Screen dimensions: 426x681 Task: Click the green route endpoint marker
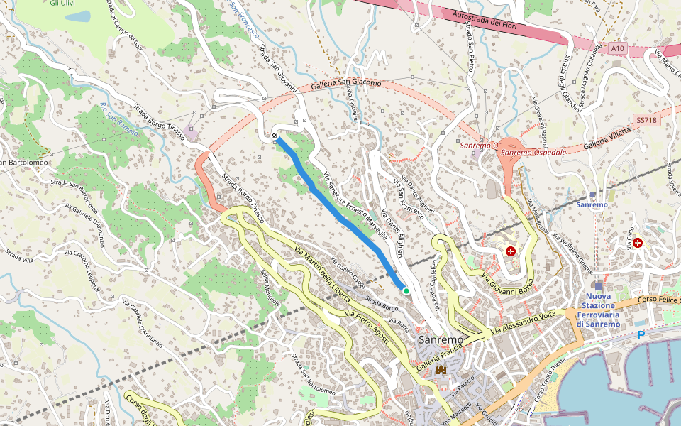pos(406,290)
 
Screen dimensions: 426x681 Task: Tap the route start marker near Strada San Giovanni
pos(275,136)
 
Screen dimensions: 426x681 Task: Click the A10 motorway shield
pos(619,48)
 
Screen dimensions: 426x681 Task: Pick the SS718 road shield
pos(646,121)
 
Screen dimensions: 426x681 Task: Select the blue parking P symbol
pos(641,334)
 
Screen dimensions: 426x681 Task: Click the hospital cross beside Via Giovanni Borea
pos(511,251)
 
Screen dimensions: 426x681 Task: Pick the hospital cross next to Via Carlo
pos(638,243)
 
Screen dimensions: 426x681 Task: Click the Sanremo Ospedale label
pos(533,153)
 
